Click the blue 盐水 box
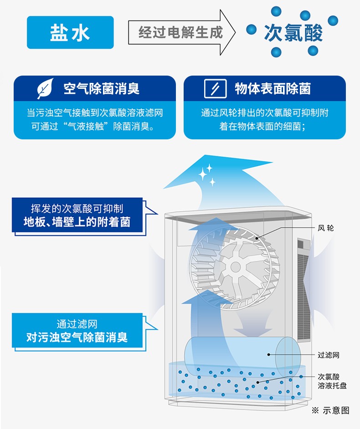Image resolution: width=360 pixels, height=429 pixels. [70, 32]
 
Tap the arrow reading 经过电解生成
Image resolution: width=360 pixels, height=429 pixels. [181, 32]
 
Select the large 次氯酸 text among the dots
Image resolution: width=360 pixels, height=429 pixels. [293, 33]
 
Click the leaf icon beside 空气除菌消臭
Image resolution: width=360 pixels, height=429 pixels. [45, 88]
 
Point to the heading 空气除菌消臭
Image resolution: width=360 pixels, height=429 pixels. [101, 88]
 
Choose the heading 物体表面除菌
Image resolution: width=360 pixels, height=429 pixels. [273, 88]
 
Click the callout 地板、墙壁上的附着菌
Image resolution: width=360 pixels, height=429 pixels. [77, 222]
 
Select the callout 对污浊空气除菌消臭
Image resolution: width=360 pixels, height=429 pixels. [77, 337]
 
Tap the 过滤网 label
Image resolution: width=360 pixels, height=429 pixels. [328, 355]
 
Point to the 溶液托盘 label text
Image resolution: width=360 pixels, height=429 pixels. [332, 386]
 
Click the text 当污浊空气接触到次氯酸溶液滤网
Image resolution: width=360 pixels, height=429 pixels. [94, 112]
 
